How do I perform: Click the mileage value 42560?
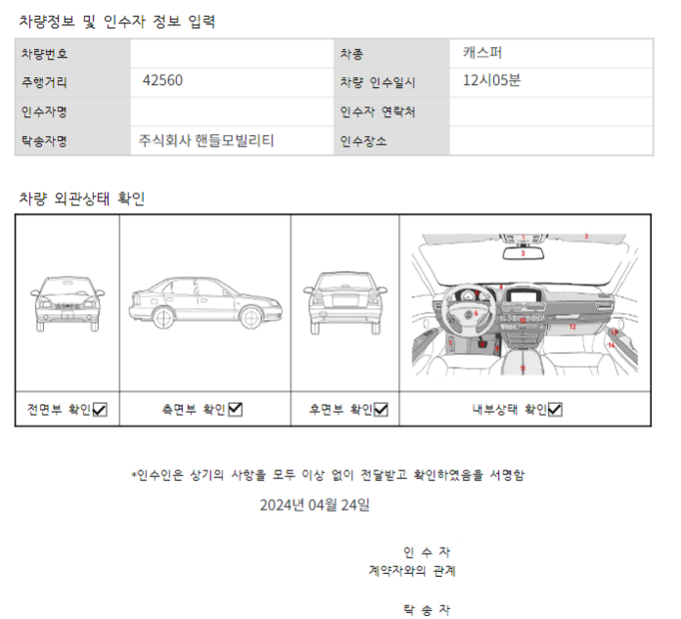(162, 81)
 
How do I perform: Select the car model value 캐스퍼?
(483, 53)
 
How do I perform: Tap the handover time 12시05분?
(492, 81)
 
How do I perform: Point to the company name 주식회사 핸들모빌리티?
(206, 141)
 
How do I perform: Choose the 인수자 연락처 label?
(379, 111)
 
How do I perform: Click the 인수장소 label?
(363, 141)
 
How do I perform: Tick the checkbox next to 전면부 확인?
(100, 410)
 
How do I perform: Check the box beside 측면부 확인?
(235, 410)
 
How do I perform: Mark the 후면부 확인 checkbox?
(381, 410)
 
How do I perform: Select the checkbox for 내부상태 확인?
(555, 410)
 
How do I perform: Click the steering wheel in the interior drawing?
(473, 315)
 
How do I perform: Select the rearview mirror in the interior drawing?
(523, 252)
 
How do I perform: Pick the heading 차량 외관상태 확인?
(82, 199)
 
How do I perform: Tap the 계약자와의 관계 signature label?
(412, 570)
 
